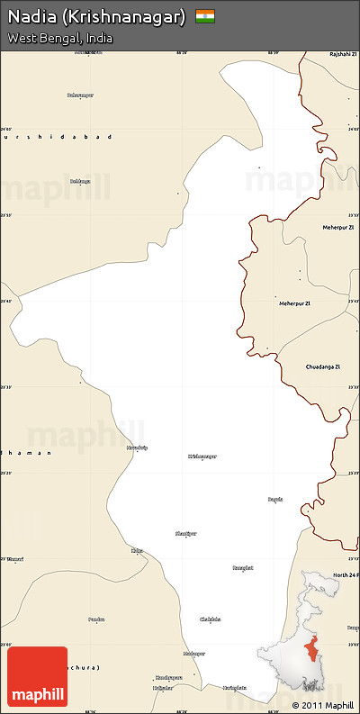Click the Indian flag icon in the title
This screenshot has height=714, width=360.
click(x=206, y=16)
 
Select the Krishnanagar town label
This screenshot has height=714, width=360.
click(x=202, y=456)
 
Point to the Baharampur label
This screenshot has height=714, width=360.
click(x=81, y=95)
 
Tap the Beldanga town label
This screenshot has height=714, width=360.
click(x=80, y=181)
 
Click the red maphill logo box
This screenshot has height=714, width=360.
click(x=37, y=676)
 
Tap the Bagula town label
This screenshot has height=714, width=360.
click(x=275, y=498)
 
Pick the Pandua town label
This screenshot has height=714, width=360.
click(x=96, y=619)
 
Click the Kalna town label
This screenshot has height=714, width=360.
click(x=137, y=550)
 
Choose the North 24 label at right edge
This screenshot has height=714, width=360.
click(x=345, y=574)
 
